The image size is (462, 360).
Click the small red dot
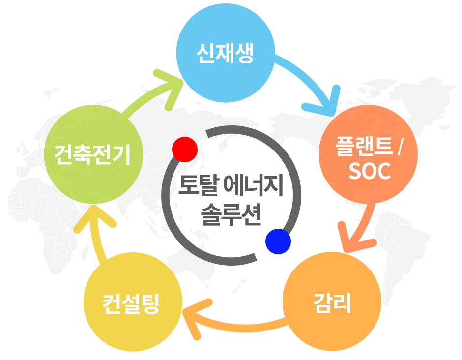pyautogui.click(x=185, y=149)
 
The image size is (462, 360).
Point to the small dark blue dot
pyautogui.click(x=278, y=241)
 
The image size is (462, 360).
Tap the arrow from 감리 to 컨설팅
pyautogui.click(x=231, y=322)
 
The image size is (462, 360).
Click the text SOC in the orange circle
pyautogui.click(x=369, y=171)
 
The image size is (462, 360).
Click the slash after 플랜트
pyautogui.click(x=399, y=147)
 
